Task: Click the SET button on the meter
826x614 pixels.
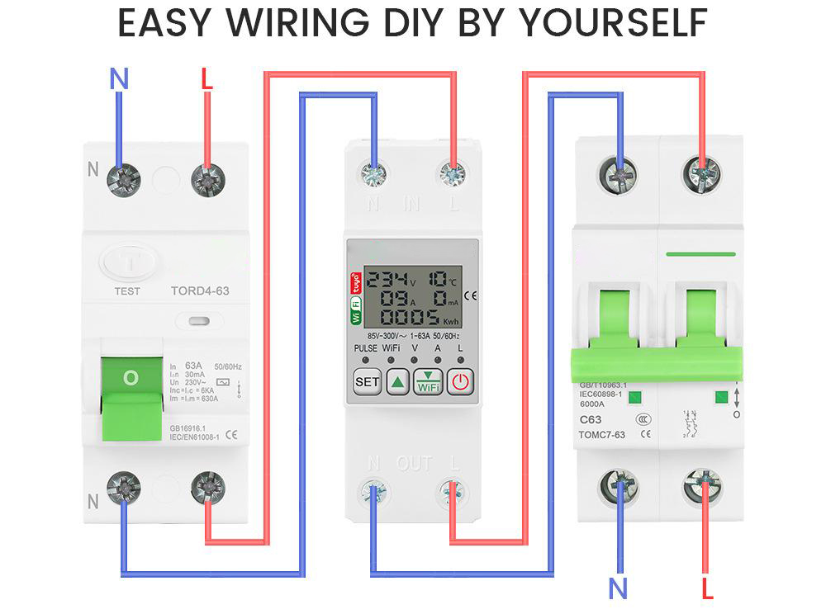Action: click(366, 382)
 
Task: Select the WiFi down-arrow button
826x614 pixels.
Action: click(428, 382)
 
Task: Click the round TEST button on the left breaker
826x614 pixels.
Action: click(127, 265)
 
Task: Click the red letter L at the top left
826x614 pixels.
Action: click(206, 79)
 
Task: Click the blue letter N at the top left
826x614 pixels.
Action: click(120, 79)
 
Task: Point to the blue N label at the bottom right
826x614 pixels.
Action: click(618, 588)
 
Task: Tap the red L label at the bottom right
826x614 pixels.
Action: click(707, 588)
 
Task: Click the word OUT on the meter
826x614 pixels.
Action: click(415, 463)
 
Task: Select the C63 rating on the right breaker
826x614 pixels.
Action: click(590, 418)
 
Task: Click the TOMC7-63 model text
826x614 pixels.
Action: click(601, 434)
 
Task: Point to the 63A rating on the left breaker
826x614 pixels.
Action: click(194, 366)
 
